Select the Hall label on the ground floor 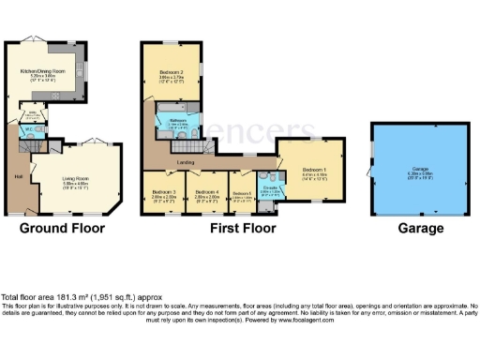pyautogui.click(x=18, y=174)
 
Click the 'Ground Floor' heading pyautogui.click(x=63, y=228)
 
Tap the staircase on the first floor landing pyautogui.click(x=150, y=141)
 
